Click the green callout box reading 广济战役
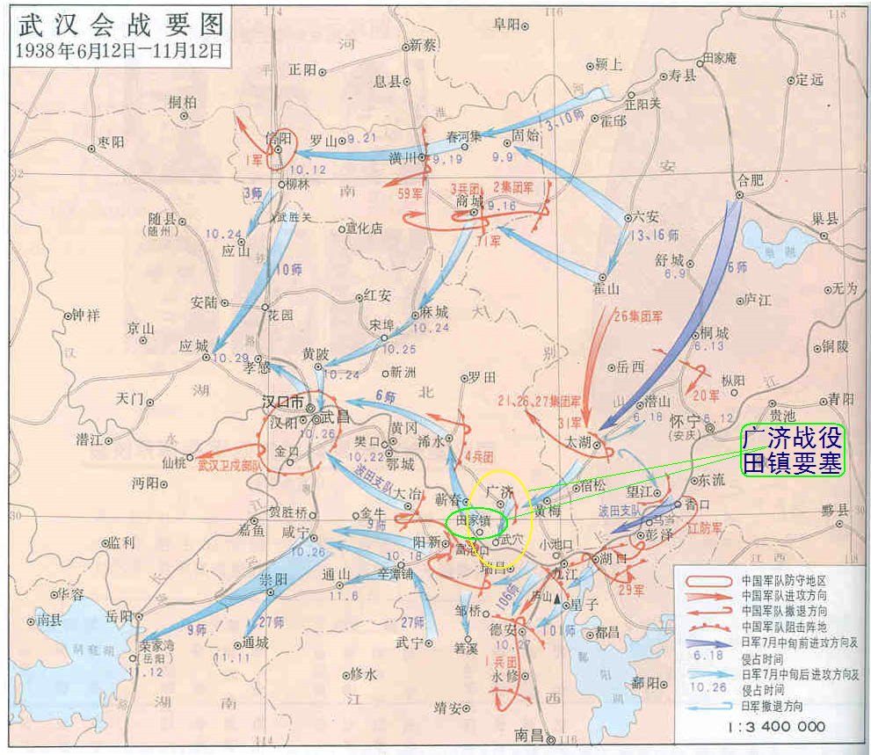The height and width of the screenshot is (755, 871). [x=793, y=437]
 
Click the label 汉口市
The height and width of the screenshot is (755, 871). [x=281, y=402]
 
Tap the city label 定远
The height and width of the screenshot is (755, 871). [x=810, y=80]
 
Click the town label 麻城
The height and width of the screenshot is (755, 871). [x=434, y=312]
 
